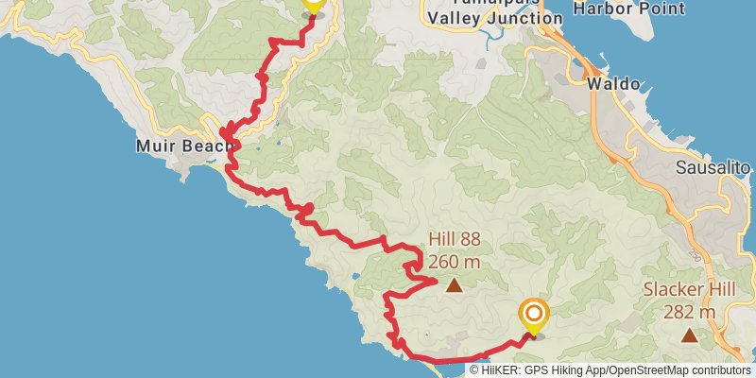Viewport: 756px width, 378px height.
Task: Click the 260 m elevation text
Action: [x=455, y=261]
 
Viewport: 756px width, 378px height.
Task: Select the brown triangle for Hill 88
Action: [x=455, y=283]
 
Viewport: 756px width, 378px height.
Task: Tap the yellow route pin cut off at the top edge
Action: [x=313, y=5]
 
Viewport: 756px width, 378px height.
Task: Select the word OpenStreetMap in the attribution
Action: [x=645, y=370]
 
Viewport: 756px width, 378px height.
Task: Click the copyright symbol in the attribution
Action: [x=474, y=370]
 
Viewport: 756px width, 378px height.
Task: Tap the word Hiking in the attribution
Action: [x=565, y=370]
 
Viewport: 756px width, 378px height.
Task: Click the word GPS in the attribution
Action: [x=535, y=370]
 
